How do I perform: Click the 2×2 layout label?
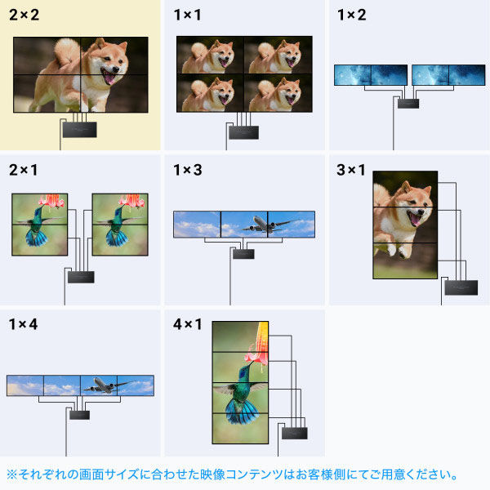[x=24, y=16]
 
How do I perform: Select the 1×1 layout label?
[x=188, y=16]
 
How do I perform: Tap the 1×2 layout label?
[x=352, y=16]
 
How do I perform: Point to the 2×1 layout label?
[x=24, y=170]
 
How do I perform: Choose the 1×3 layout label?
[x=188, y=170]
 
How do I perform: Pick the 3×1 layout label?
[x=352, y=170]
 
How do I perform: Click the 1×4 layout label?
[x=24, y=324]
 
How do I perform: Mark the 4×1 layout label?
[x=188, y=324]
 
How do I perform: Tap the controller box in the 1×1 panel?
[x=243, y=130]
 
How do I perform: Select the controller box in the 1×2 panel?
[x=406, y=103]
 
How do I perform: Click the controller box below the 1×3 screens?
[x=243, y=254]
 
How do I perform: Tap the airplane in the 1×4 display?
[x=104, y=383]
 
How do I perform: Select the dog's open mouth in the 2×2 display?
[x=108, y=77]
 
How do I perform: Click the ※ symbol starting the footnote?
[x=11, y=474]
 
